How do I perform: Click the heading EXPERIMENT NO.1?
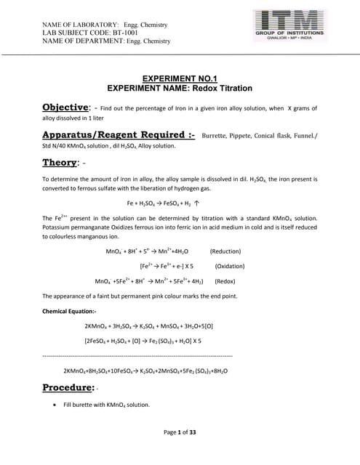[180, 77]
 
